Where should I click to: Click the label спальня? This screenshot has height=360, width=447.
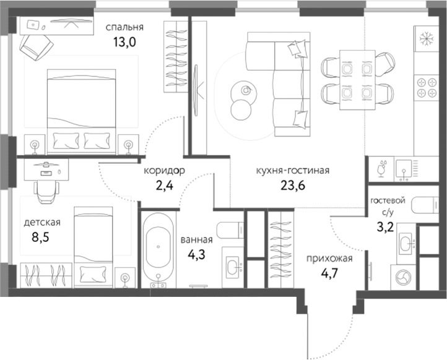click(x=124, y=27)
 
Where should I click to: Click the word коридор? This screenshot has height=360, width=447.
click(x=165, y=171)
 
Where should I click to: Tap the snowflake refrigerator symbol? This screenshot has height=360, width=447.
click(x=425, y=38)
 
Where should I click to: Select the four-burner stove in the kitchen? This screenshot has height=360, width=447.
click(x=426, y=87)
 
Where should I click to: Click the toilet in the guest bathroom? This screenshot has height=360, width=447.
click(x=427, y=205)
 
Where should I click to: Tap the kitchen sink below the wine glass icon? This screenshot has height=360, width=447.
click(x=405, y=167)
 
